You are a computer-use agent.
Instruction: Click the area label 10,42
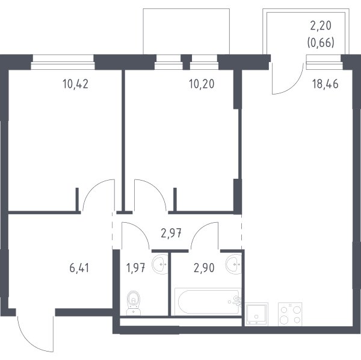(x=75, y=84)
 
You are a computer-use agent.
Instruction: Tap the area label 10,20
(x=202, y=84)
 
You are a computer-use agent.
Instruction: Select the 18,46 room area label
(x=325, y=84)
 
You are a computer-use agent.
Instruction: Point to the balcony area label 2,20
(x=321, y=25)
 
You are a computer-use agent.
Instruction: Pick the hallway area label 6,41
(x=79, y=268)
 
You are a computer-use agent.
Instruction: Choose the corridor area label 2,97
(x=171, y=234)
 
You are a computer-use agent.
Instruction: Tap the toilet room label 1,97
(x=135, y=268)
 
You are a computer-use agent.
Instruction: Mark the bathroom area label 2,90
(x=204, y=268)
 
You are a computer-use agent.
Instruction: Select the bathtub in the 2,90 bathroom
(x=208, y=302)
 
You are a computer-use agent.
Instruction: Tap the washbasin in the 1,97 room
(x=160, y=264)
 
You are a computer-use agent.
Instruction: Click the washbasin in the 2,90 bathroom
(x=233, y=264)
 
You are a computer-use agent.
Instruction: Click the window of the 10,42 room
(x=63, y=62)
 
